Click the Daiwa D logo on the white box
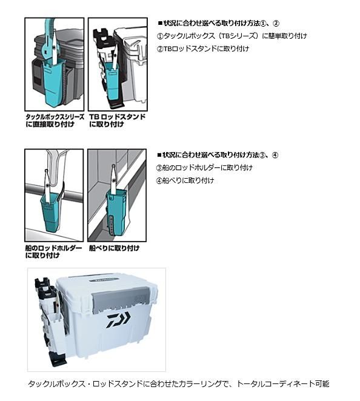[x=118, y=320]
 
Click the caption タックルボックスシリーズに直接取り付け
[x=55, y=121]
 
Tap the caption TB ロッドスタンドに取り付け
[x=117, y=121]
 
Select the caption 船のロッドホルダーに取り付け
[x=54, y=251]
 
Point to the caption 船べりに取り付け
[x=114, y=248]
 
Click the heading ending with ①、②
[x=219, y=23]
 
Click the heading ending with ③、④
[x=218, y=155]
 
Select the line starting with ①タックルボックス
[x=232, y=36]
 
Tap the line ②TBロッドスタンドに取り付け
[x=203, y=48]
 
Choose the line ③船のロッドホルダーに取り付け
[x=204, y=168]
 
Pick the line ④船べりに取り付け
[x=185, y=181]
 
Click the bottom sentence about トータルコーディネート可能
[x=179, y=383]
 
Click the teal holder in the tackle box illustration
[x=53, y=82]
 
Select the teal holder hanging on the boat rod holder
[x=51, y=212]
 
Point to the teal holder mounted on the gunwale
[x=116, y=210]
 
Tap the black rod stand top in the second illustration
[x=102, y=36]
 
